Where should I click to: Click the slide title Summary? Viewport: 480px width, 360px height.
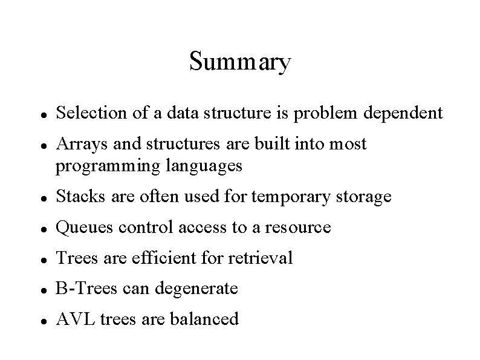240,62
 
